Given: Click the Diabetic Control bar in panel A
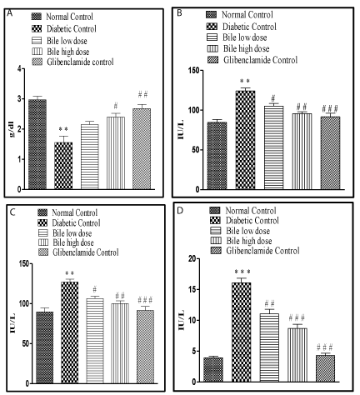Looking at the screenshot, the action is [x=63, y=166].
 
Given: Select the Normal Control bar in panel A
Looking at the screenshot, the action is [x=37, y=144].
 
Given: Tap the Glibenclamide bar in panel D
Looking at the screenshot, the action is [x=325, y=368].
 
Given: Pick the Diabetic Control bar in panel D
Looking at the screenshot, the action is [x=242, y=332].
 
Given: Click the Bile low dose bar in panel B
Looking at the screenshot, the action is [x=274, y=147].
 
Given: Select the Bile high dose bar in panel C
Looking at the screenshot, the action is [x=120, y=343].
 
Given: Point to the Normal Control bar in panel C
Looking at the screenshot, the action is [x=45, y=347].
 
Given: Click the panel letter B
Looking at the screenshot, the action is [x=179, y=12].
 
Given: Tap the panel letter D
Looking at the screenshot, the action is [x=180, y=211].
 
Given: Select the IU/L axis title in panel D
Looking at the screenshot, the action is [x=182, y=320].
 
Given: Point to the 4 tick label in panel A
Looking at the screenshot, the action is [x=19, y=68].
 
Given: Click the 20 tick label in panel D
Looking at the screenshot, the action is [x=195, y=259].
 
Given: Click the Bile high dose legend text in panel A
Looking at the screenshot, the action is [x=68, y=52].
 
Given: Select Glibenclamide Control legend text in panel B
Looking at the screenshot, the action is [x=261, y=60].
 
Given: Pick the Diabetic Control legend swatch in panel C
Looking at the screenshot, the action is [x=42, y=222].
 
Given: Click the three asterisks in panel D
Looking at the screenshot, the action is [x=242, y=272].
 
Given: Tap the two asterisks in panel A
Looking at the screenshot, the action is [x=63, y=129].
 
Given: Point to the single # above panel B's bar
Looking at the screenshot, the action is [x=273, y=98].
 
